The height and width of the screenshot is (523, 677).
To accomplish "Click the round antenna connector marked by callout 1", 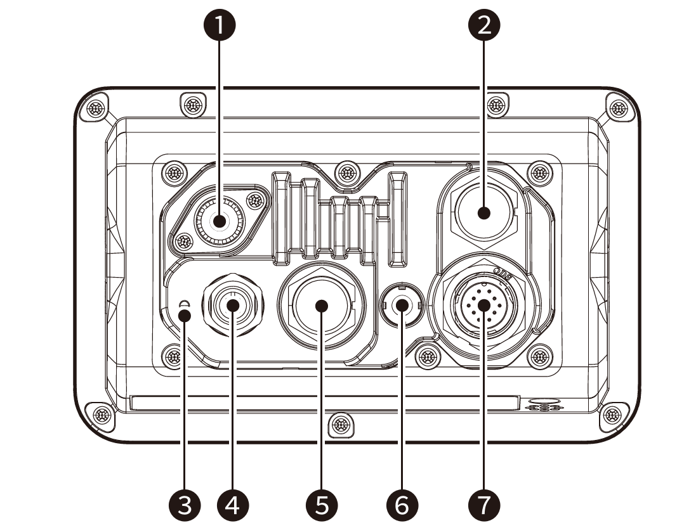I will point(219,222).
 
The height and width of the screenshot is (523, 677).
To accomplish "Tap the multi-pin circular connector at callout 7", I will point(484,305).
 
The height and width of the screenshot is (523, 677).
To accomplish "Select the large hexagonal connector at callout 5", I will point(321,306).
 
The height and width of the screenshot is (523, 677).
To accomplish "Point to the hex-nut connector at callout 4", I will point(232,306).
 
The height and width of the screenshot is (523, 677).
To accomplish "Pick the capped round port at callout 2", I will point(484,212).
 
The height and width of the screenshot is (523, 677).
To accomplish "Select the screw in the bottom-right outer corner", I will point(613,415).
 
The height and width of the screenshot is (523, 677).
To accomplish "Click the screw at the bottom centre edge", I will point(341,423).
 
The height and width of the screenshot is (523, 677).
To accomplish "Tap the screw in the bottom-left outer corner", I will point(100,415).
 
